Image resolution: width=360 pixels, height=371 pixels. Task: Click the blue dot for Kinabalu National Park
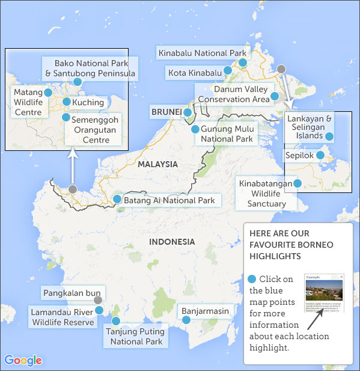(243, 63)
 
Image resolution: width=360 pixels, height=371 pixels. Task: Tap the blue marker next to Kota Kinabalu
(228, 70)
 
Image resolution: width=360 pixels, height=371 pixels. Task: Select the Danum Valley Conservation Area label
(233, 94)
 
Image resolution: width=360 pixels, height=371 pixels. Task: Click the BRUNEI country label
(166, 112)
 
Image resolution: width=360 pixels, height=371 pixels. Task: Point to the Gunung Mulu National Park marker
(195, 129)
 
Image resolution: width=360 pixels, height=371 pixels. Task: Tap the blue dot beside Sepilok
(320, 155)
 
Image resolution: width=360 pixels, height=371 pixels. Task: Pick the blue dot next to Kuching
(66, 102)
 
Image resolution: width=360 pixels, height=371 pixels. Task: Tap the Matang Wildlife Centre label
(28, 102)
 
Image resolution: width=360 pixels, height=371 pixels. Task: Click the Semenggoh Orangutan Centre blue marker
(66, 117)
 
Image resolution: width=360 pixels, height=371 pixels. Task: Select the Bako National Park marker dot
(77, 82)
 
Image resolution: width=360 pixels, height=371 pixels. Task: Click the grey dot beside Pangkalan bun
(98, 299)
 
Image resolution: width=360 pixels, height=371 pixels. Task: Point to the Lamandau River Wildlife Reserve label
(63, 317)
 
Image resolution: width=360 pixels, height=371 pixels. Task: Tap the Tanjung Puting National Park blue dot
(116, 321)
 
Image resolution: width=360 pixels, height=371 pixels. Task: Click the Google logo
(23, 360)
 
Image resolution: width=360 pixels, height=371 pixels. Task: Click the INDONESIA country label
(172, 242)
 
